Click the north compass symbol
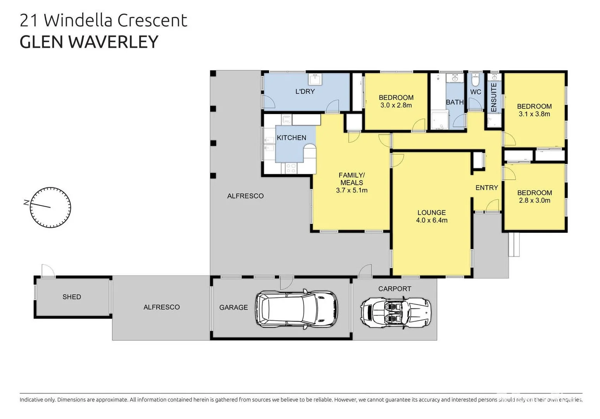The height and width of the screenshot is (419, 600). pyautogui.click(x=50, y=207)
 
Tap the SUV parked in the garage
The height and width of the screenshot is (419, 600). pyautogui.click(x=296, y=309)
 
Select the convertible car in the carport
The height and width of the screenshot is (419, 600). pyautogui.click(x=396, y=312)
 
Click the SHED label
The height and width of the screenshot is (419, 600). pyautogui.click(x=72, y=297)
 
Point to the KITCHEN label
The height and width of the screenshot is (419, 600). pyautogui.click(x=291, y=138)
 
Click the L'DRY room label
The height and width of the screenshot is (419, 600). pyautogui.click(x=305, y=92)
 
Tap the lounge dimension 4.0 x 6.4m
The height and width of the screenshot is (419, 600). pyautogui.click(x=431, y=220)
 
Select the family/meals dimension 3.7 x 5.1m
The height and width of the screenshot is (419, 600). pyautogui.click(x=352, y=190)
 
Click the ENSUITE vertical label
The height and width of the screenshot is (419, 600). pyautogui.click(x=494, y=97)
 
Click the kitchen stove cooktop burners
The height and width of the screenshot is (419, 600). pyautogui.click(x=291, y=168)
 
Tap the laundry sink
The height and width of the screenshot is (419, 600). pyautogui.click(x=314, y=80)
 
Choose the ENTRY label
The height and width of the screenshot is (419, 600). pyautogui.click(x=486, y=188)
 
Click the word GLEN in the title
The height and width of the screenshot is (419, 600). pyautogui.click(x=41, y=42)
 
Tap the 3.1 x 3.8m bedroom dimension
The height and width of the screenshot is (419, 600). pyautogui.click(x=534, y=114)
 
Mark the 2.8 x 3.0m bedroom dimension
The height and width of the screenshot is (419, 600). pyautogui.click(x=534, y=201)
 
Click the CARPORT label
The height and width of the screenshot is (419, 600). pyautogui.click(x=395, y=289)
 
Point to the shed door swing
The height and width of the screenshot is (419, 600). pyautogui.click(x=47, y=270)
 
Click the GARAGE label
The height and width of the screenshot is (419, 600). pyautogui.click(x=233, y=307)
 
